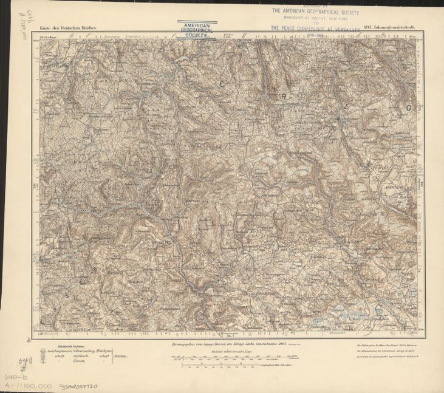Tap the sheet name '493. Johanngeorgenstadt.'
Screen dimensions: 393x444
[390, 27]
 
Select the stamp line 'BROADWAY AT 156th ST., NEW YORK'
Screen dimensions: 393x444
[315, 18]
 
